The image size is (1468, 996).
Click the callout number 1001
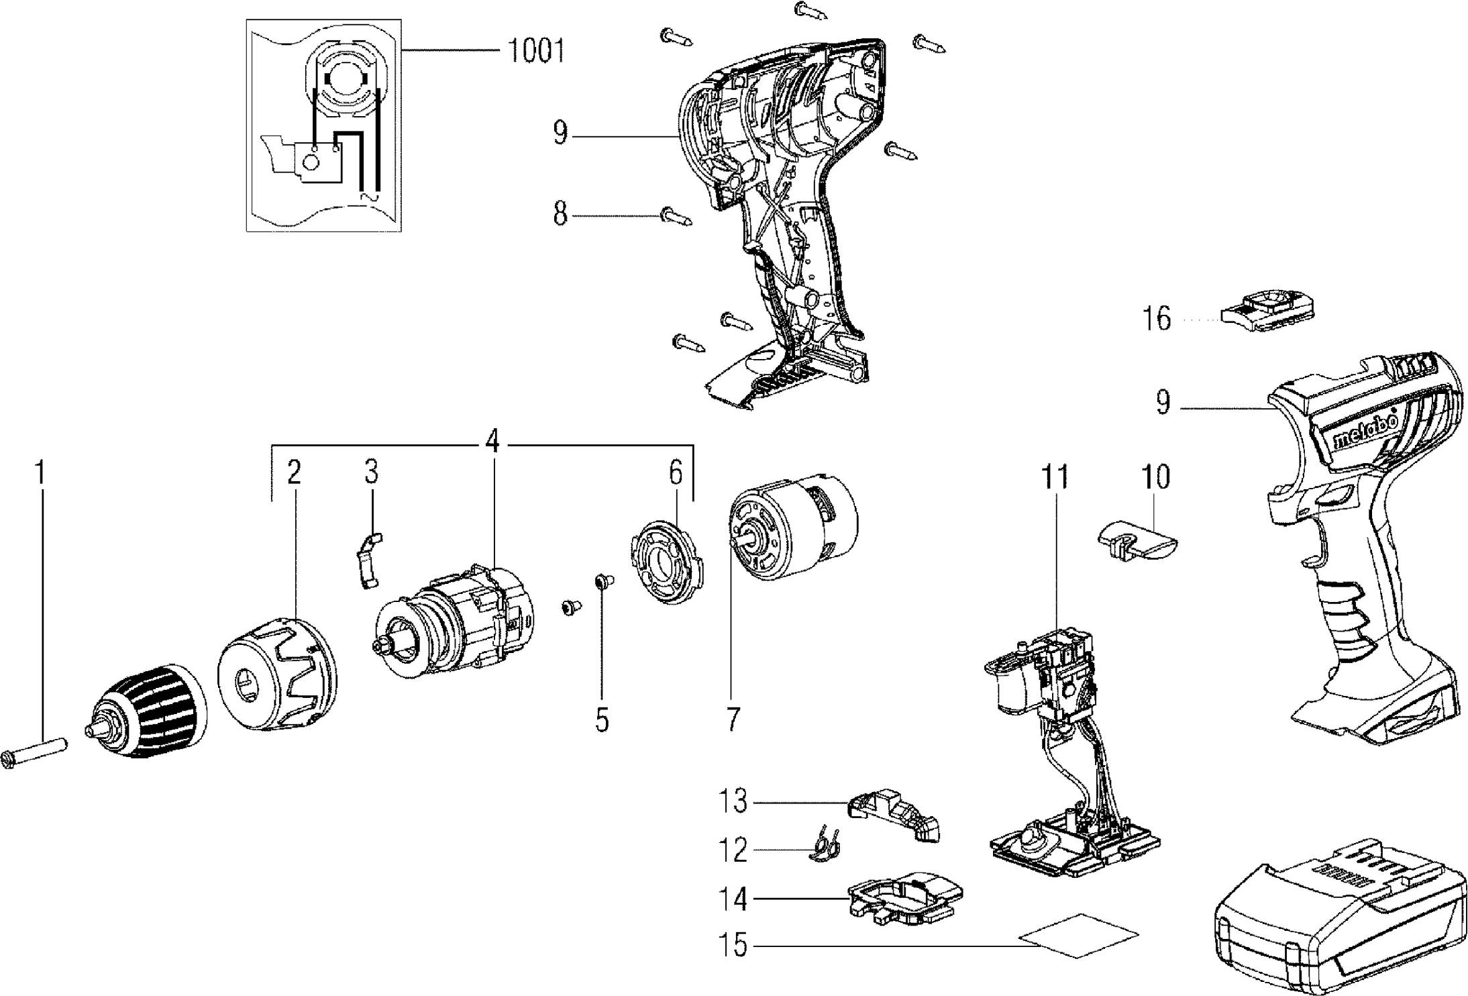(x=535, y=51)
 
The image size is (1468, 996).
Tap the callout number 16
(x=1157, y=318)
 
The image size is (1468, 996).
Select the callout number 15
(x=735, y=946)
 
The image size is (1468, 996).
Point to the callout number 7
(x=732, y=719)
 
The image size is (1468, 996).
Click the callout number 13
(x=733, y=802)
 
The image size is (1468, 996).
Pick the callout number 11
(x=1055, y=477)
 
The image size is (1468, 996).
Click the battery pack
(x=1339, y=928)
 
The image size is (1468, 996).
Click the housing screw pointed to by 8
(x=676, y=216)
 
